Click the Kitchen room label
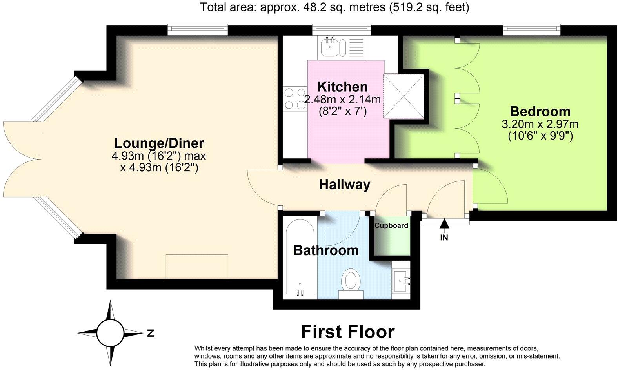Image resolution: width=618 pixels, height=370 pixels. coord(342,87)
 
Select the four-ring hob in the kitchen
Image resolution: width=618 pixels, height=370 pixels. coord(294,99)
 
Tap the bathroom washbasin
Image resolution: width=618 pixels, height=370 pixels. coord(401,281)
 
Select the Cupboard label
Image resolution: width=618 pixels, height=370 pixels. coord(391,226)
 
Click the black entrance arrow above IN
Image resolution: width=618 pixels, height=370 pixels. coord(444,224)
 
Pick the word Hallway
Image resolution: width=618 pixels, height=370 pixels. coord(344,185)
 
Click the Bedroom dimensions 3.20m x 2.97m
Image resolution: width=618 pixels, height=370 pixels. coord(540,125)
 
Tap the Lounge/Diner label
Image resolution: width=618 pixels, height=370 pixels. coord(159,143)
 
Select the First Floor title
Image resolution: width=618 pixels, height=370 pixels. coord(347,332)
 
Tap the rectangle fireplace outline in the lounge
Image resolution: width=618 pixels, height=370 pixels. coord(197,267)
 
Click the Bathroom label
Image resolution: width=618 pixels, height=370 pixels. coord(326,250)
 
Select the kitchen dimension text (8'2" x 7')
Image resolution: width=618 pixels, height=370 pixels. coord(343,111)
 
